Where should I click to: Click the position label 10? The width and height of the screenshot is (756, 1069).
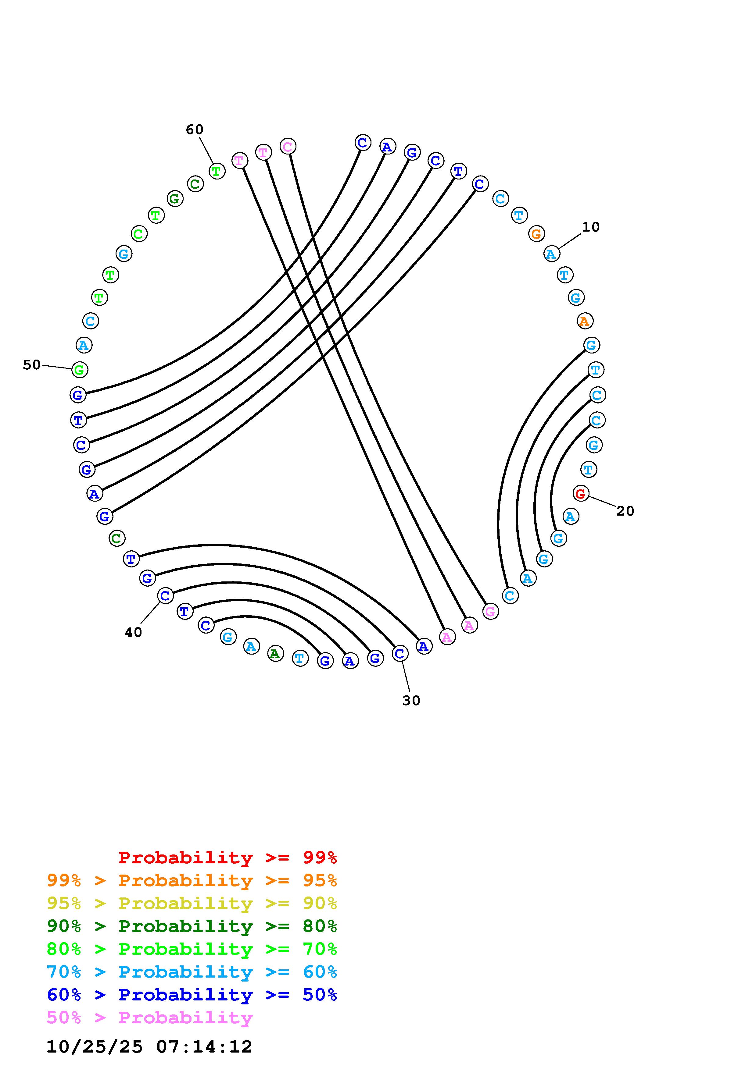click(x=591, y=227)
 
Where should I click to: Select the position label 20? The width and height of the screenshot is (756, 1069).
click(x=625, y=511)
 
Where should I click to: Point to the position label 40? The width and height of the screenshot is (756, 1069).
click(x=133, y=632)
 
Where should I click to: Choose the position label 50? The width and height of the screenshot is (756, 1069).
click(x=32, y=365)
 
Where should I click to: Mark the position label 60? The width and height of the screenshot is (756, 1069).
click(x=195, y=130)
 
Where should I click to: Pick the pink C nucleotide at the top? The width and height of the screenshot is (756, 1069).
click(x=288, y=147)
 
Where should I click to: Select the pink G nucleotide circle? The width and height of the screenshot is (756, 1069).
click(x=490, y=611)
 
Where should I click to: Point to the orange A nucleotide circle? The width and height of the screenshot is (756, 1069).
click(x=585, y=321)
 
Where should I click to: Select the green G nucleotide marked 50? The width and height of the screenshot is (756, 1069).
click(x=80, y=370)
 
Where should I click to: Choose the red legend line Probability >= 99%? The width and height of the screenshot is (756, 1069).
click(x=227, y=858)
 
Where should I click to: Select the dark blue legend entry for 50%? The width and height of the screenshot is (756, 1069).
click(x=192, y=995)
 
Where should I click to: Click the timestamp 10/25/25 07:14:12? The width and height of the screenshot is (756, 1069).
click(x=149, y=1047)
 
